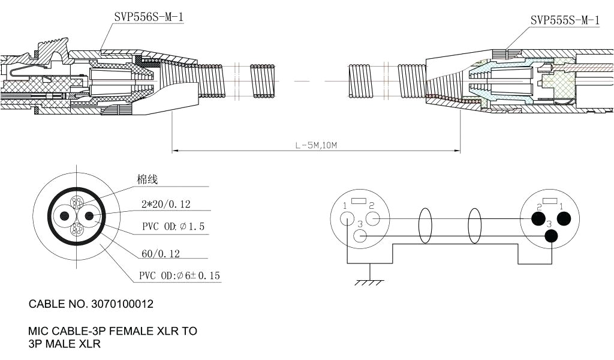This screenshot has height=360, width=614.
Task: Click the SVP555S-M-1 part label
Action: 565,20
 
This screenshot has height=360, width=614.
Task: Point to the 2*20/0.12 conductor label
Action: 165,205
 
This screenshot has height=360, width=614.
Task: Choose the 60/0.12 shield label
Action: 161,254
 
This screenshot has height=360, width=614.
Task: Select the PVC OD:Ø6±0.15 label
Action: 180,276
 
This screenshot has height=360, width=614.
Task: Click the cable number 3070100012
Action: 122,304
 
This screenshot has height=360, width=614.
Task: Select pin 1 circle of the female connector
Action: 347,219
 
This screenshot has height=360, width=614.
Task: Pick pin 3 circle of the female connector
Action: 360,236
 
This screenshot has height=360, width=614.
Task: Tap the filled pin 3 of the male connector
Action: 550,236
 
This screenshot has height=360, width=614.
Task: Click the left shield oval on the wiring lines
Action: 425,226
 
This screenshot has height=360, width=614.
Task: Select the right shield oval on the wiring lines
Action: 474,226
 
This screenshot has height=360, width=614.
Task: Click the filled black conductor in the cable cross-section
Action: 89,216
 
